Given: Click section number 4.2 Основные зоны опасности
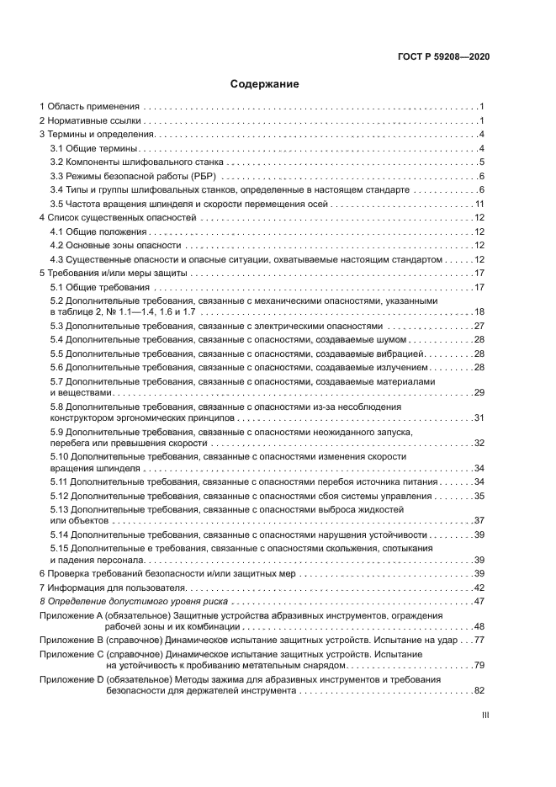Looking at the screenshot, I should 56,246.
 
